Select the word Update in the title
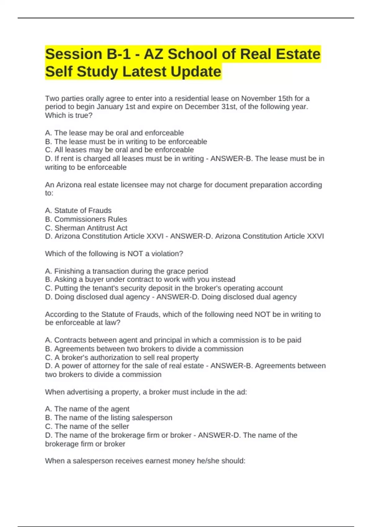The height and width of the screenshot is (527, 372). click(196, 72)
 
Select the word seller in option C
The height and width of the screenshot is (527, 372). click(120, 427)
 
